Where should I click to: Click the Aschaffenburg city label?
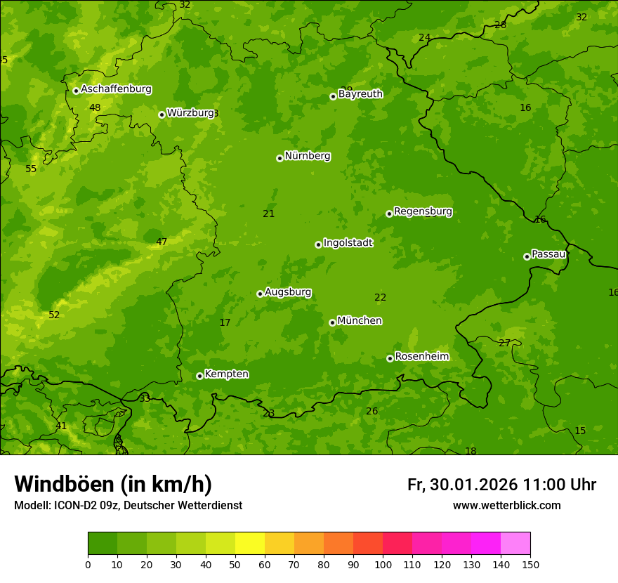click(x=116, y=89)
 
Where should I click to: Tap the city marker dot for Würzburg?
click(x=162, y=114)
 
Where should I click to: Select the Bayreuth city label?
click(x=360, y=93)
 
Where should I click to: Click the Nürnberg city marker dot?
click(x=280, y=158)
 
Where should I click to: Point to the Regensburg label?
click(x=423, y=211)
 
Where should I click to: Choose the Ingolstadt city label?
click(x=348, y=242)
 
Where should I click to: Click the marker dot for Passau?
click(x=527, y=256)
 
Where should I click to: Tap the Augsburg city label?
click(x=288, y=291)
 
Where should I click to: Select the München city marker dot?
click(x=332, y=322)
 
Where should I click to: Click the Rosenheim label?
click(x=421, y=356)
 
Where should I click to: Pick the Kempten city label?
click(x=226, y=374)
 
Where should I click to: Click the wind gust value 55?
click(x=31, y=169)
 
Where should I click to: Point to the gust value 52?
click(x=54, y=315)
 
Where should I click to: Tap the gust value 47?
click(x=162, y=242)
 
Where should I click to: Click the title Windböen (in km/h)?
click(x=113, y=484)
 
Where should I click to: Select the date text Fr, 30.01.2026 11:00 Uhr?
click(x=501, y=485)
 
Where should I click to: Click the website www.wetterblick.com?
click(x=506, y=505)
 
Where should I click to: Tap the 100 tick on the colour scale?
click(x=383, y=564)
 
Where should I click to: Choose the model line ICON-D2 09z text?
click(x=128, y=505)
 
